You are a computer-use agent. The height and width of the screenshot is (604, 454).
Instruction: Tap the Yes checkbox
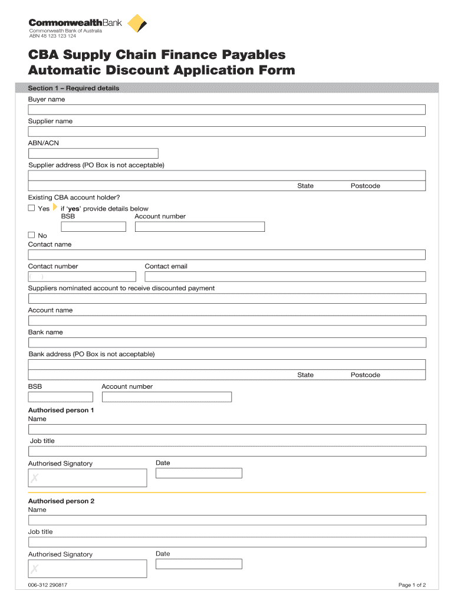(32, 208)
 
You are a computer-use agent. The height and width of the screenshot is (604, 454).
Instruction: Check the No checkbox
(32, 235)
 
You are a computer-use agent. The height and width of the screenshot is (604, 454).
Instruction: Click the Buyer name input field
(227, 110)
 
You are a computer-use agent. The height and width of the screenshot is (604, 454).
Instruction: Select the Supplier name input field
(227, 132)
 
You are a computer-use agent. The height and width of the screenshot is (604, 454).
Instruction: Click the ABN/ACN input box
(93, 154)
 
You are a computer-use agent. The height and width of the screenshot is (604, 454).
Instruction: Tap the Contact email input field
(285, 277)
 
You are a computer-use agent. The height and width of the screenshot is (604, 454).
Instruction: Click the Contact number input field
(82, 277)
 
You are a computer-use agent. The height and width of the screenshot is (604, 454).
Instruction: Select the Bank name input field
(227, 343)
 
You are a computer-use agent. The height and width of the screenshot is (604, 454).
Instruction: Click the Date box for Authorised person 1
(199, 473)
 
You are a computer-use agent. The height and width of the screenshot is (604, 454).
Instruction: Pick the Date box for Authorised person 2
(199, 564)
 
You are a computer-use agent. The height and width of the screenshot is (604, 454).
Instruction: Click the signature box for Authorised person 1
(87, 478)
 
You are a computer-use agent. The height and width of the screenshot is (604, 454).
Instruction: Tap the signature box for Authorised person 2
(87, 569)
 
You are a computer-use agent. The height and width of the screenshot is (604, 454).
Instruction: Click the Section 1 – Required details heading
(74, 88)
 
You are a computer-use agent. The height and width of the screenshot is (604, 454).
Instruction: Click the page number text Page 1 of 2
(412, 585)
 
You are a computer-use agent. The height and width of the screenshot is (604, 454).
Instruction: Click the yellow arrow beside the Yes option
(55, 208)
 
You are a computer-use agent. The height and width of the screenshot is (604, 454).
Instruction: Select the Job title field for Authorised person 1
(227, 451)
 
